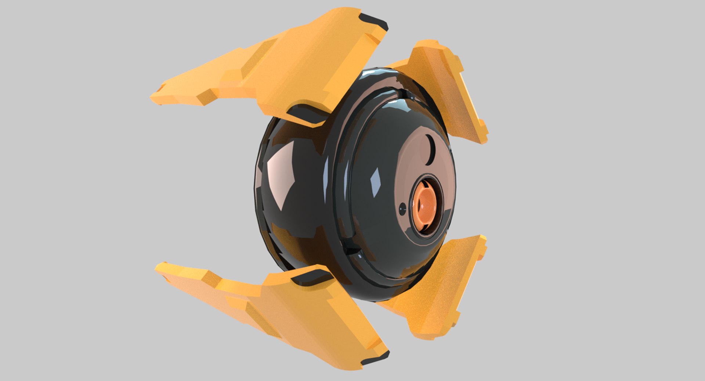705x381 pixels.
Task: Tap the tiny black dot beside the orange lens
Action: click(403, 206)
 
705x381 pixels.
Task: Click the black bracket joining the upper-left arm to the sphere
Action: click(307, 115)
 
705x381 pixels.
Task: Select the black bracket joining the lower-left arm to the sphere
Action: click(308, 277)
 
